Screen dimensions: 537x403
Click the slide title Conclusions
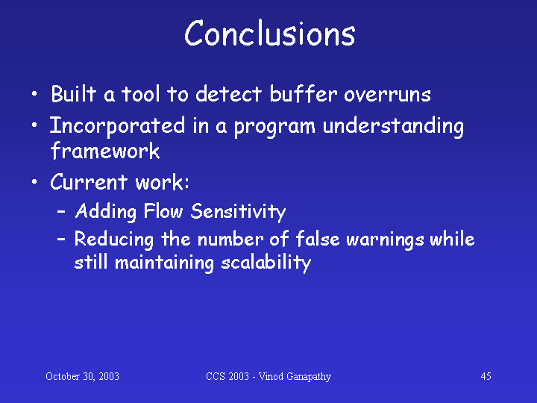click(x=270, y=33)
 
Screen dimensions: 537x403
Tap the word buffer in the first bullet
click(x=302, y=93)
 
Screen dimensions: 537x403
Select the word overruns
click(x=387, y=95)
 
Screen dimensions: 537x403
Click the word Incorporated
click(x=117, y=126)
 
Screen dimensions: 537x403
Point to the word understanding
click(x=393, y=126)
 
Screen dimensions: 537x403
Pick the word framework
click(x=105, y=151)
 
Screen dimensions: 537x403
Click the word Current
click(x=89, y=181)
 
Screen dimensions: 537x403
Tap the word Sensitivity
click(x=238, y=211)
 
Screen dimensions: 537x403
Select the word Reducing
click(x=113, y=240)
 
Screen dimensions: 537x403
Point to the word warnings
click(x=386, y=240)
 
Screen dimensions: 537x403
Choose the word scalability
click(x=266, y=263)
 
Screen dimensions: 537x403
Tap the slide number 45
click(x=486, y=376)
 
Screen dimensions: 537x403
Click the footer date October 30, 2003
click(x=82, y=376)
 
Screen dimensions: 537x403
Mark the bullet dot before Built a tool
click(x=34, y=93)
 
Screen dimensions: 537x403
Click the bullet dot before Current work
click(x=34, y=181)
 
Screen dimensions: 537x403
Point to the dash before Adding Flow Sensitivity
click(x=61, y=213)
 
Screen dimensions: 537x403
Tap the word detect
click(x=228, y=93)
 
